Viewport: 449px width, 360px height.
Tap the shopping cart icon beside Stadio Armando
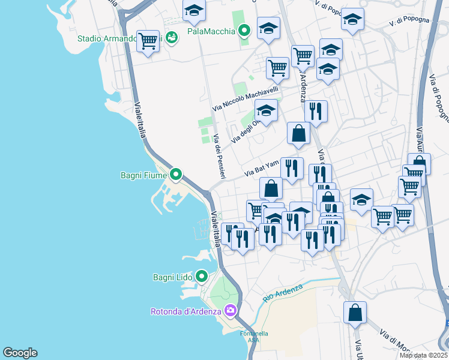point(148,41)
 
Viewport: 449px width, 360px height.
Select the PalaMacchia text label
point(210,31)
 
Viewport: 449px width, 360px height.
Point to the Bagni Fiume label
point(143,176)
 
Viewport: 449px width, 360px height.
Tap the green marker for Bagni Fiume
point(175,175)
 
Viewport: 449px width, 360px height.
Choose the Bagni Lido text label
point(172,277)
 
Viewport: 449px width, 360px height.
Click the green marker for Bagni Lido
point(202,277)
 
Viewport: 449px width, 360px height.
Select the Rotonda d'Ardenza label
point(185,311)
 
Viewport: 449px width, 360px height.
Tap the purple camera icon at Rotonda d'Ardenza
point(230,310)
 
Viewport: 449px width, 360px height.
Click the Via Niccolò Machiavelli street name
point(246,98)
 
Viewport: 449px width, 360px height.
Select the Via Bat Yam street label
point(262,168)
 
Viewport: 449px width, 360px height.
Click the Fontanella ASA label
point(254,337)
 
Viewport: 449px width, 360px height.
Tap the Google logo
point(20,353)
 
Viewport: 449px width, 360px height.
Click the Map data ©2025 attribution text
point(423,355)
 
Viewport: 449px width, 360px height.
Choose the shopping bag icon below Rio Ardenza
point(355,313)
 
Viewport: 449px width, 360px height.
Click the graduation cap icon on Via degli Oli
point(266,110)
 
